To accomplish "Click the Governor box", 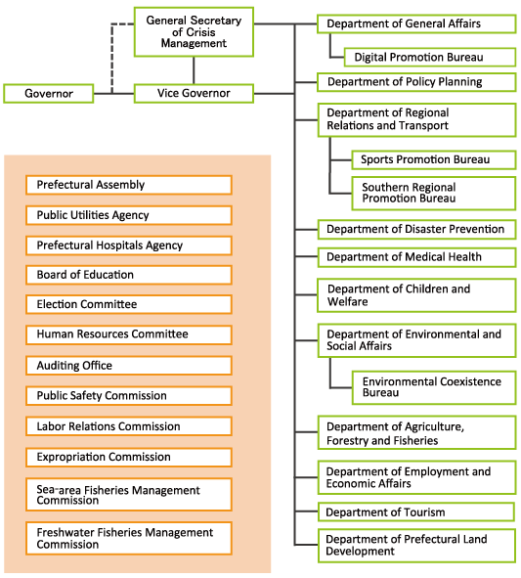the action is click(48, 94).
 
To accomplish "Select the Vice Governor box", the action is click(194, 94).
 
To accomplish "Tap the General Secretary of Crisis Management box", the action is click(194, 32).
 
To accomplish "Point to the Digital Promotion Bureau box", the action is click(430, 57).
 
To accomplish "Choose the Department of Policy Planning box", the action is click(416, 82).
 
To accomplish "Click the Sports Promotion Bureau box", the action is click(434, 159).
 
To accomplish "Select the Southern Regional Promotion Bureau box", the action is click(434, 194).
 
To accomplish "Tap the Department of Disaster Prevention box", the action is click(416, 229).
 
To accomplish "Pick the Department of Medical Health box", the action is click(416, 257).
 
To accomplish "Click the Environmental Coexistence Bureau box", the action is click(434, 387).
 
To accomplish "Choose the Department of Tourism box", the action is click(416, 512).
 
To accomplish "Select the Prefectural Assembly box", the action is click(129, 185).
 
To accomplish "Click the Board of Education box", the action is click(129, 275).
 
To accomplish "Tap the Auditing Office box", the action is click(129, 366).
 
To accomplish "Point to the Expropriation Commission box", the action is click(129, 457).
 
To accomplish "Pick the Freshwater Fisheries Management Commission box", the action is click(129, 539).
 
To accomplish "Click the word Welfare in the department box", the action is click(347, 302).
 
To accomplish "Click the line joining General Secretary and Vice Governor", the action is click(194, 70).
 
